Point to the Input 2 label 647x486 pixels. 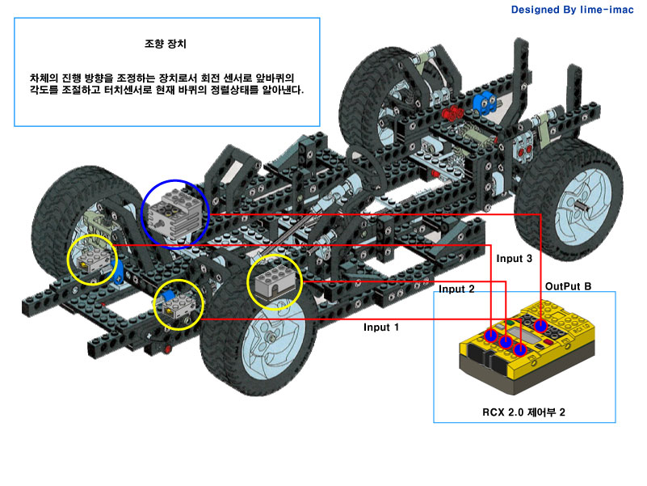[456, 289]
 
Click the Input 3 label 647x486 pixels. [515, 259]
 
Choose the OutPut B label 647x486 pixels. [569, 285]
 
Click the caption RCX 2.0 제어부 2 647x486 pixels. [523, 412]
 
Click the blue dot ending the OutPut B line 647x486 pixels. [541, 326]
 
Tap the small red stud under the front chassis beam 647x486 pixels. [167, 350]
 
